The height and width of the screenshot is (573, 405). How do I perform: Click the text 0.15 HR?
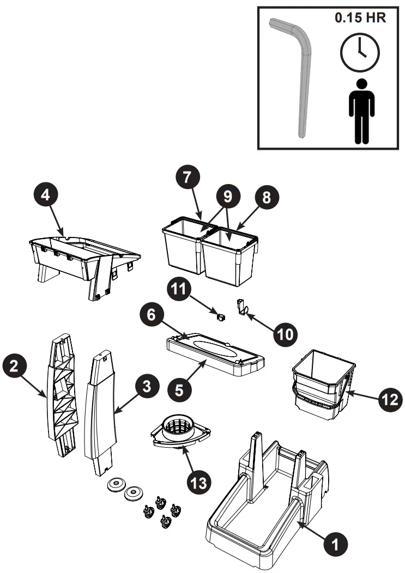coord(360,17)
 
